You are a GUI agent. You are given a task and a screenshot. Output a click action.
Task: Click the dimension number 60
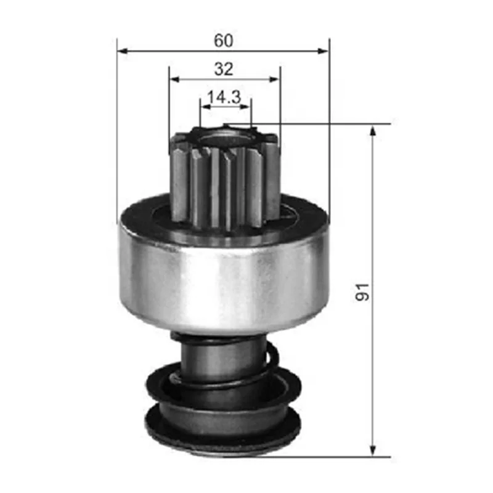tap(224, 40)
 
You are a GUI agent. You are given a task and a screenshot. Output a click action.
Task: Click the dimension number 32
tap(224, 69)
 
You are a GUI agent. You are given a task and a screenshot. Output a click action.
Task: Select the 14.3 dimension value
tap(224, 97)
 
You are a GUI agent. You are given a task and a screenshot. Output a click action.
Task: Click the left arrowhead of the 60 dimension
tap(122, 51)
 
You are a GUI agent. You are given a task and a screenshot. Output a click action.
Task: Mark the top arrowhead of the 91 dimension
tap(372, 130)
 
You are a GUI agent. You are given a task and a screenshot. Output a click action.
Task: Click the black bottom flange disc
tap(222, 431)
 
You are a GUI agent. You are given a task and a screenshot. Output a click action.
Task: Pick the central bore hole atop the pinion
tap(224, 132)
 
